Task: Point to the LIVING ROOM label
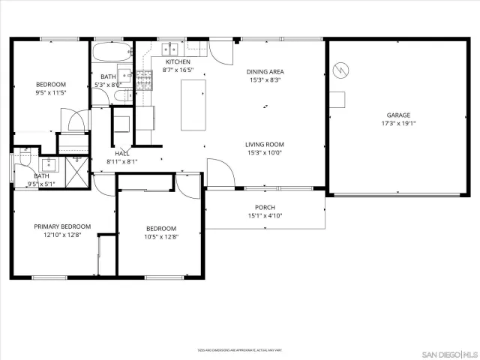click(x=264, y=145)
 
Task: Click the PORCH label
click(x=265, y=208)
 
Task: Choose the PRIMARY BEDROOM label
click(x=62, y=226)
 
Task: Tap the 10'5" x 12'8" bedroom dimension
click(x=161, y=237)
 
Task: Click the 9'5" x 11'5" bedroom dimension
click(x=51, y=94)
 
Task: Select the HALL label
click(x=122, y=153)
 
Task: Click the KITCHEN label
click(x=178, y=61)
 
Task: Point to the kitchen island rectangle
click(x=193, y=105)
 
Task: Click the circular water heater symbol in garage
click(x=342, y=70)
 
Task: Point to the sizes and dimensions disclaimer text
click(x=239, y=350)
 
